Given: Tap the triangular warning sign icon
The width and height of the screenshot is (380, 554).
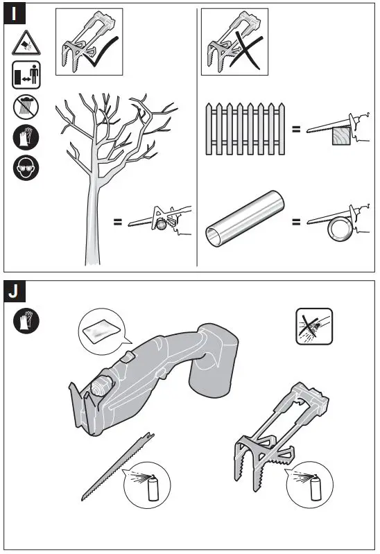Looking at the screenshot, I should (26, 44).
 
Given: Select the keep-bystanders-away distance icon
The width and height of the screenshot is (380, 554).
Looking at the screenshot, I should (26, 75).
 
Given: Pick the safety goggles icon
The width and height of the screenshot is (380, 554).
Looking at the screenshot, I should (26, 168).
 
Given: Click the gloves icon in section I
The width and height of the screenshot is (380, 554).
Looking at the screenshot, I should (26, 137).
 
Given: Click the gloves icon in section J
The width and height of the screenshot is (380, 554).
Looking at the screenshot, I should (26, 320).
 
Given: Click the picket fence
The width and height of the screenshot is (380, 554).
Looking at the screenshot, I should (245, 128).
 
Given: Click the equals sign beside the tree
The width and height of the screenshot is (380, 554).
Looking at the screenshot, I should (118, 223).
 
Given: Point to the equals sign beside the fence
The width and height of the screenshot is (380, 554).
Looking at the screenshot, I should (296, 129).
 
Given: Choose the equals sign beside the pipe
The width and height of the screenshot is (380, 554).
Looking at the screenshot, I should (296, 223).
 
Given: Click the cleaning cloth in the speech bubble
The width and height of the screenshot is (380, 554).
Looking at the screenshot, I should (101, 331).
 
